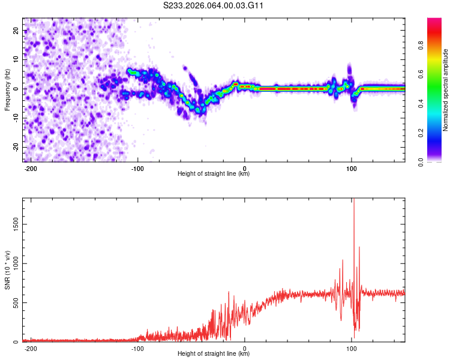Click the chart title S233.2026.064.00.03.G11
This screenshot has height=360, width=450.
click(214, 5)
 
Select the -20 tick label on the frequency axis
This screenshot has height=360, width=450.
click(15, 147)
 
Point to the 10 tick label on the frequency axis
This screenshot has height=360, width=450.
click(16, 60)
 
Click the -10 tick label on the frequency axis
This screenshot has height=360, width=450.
click(15, 118)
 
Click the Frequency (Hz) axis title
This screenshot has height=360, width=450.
click(7, 90)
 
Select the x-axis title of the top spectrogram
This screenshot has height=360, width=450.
click(214, 174)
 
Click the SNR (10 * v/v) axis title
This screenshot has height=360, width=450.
click(7, 270)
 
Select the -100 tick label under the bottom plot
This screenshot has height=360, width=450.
click(137, 349)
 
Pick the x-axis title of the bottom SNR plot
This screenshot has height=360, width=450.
click(214, 354)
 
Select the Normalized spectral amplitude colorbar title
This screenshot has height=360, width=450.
click(446, 90)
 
